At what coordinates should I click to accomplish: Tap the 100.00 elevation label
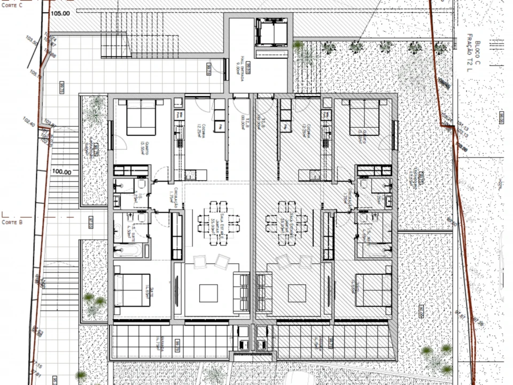click(x=61, y=172)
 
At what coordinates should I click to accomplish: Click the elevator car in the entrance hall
click(x=272, y=33)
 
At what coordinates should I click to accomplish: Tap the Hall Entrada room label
click(x=240, y=68)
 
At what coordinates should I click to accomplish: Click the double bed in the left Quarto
click(x=141, y=119)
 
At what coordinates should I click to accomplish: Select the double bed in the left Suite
click(x=133, y=290)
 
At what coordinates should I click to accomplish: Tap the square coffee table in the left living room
click(x=208, y=293)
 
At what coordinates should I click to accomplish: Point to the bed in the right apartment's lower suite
click(x=372, y=290)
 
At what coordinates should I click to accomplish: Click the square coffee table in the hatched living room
click(x=297, y=293)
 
